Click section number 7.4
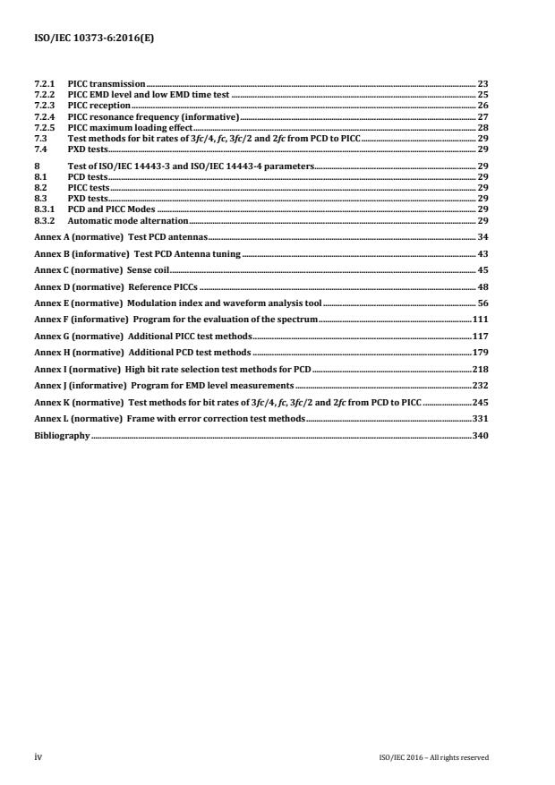coord(39,149)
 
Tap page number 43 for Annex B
coord(482,255)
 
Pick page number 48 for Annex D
coord(482,287)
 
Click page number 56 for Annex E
coord(482,303)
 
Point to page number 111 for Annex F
coord(480,319)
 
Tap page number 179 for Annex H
coord(480,353)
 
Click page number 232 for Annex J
coord(480,386)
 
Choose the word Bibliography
coord(62,435)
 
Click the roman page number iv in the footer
coord(38,756)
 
